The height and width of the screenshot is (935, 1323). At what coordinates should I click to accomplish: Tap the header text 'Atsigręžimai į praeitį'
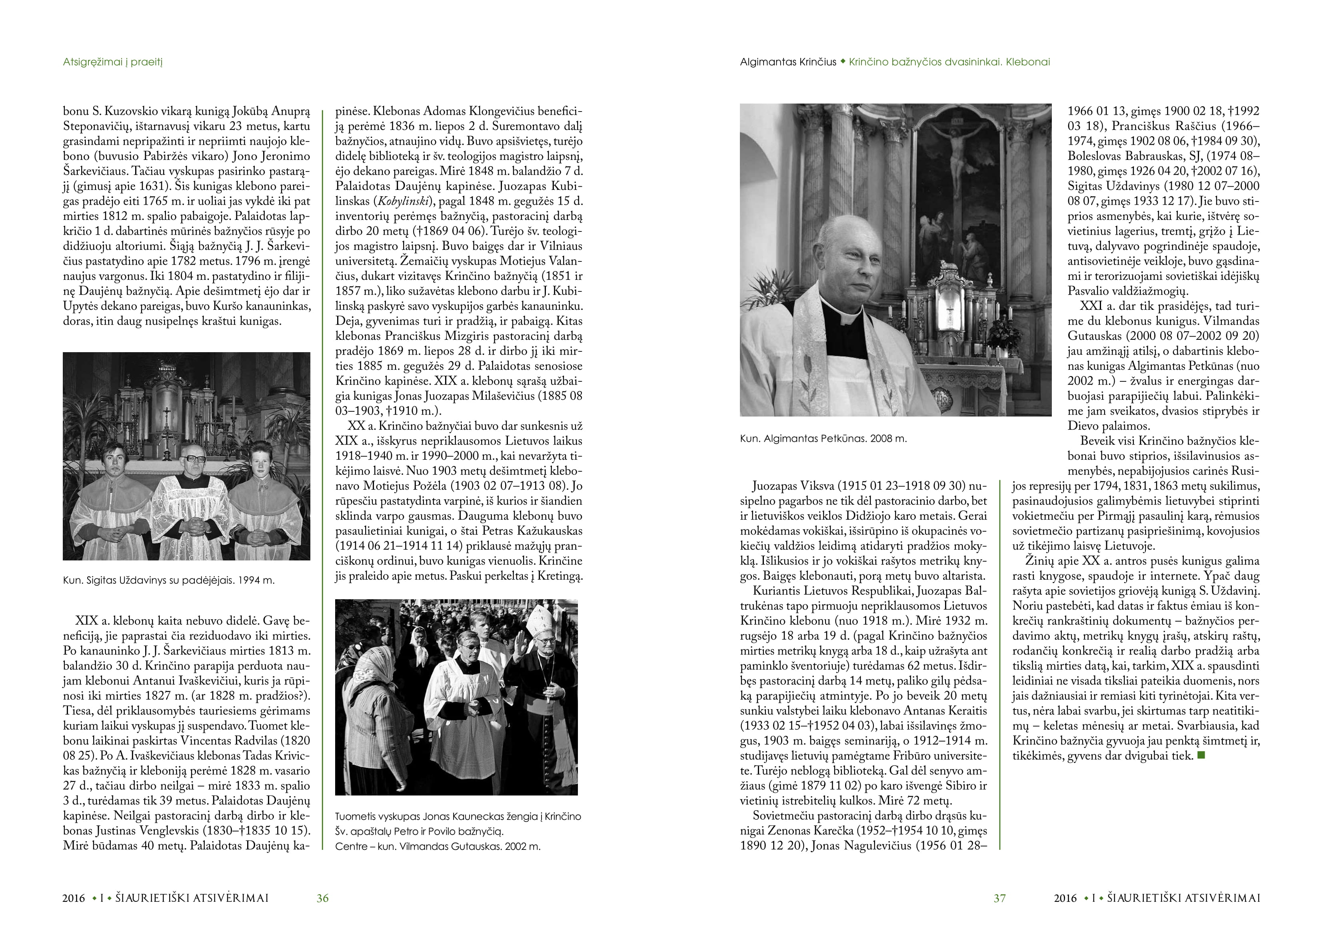point(113,62)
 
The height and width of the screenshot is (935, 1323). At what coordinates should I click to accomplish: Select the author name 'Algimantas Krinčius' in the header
point(788,62)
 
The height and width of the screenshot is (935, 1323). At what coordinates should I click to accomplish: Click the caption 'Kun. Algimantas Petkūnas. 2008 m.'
point(823,439)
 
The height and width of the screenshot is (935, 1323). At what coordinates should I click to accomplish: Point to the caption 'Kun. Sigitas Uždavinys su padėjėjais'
point(168,580)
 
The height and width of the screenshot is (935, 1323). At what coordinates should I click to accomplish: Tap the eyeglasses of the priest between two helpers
point(191,459)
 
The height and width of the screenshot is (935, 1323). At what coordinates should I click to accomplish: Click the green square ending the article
point(1201,755)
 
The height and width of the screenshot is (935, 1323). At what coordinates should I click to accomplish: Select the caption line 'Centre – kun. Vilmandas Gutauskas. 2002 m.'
point(438,846)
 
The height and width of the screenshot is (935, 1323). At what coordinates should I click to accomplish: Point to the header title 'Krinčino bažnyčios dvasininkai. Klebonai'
point(949,62)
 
